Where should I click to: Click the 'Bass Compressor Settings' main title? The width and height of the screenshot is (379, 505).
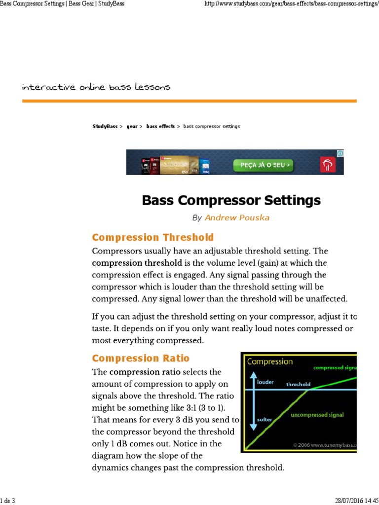point(231,201)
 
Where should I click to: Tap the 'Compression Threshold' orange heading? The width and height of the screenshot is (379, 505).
point(153,237)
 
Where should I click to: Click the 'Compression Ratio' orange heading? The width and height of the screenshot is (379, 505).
point(141,358)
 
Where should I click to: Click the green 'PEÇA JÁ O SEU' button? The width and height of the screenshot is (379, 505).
point(264,165)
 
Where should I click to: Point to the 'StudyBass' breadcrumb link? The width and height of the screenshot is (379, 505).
point(105,127)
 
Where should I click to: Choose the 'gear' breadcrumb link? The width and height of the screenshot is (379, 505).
point(132,127)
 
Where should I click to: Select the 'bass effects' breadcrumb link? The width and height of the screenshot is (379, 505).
point(160,127)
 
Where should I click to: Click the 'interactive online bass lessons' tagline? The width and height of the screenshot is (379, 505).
point(96,87)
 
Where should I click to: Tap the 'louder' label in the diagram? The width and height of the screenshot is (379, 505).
point(265,382)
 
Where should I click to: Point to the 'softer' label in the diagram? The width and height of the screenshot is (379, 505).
point(265,419)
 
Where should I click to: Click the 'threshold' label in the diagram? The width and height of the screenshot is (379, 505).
point(299,384)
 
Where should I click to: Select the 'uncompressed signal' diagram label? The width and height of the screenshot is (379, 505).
point(317,414)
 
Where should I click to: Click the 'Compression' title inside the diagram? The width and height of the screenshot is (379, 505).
point(270,361)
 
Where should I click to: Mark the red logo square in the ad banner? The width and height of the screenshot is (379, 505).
point(328,165)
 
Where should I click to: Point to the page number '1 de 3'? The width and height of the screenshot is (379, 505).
point(8,501)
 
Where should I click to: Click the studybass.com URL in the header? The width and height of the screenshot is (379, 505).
point(291,4)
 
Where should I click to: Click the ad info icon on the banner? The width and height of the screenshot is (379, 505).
point(340,154)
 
